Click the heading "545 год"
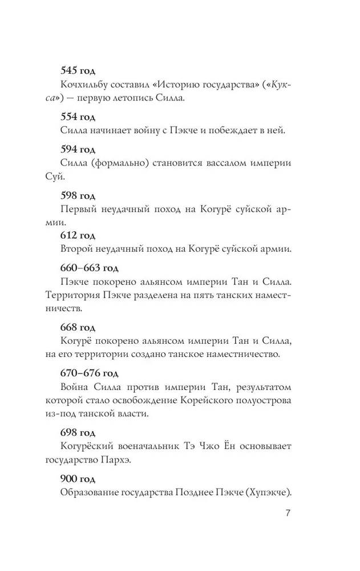pyautogui.click(x=78, y=72)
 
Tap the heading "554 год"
pyautogui.click(x=78, y=117)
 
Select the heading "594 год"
pyautogui.click(x=78, y=150)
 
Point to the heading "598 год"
pyautogui.click(x=78, y=194)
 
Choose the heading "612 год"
pyautogui.click(x=78, y=235)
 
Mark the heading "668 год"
pyautogui.click(x=78, y=328)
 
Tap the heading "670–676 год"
pyautogui.click(x=89, y=373)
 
